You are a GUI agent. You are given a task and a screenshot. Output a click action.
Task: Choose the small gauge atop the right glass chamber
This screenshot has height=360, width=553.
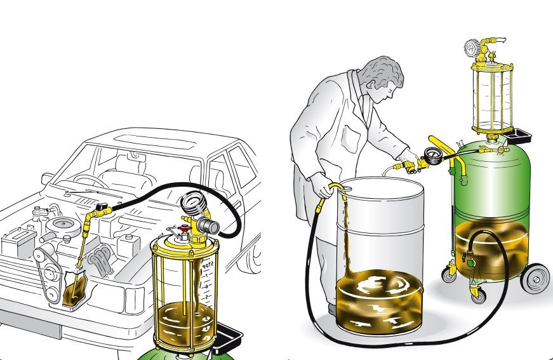pos(472,48)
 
